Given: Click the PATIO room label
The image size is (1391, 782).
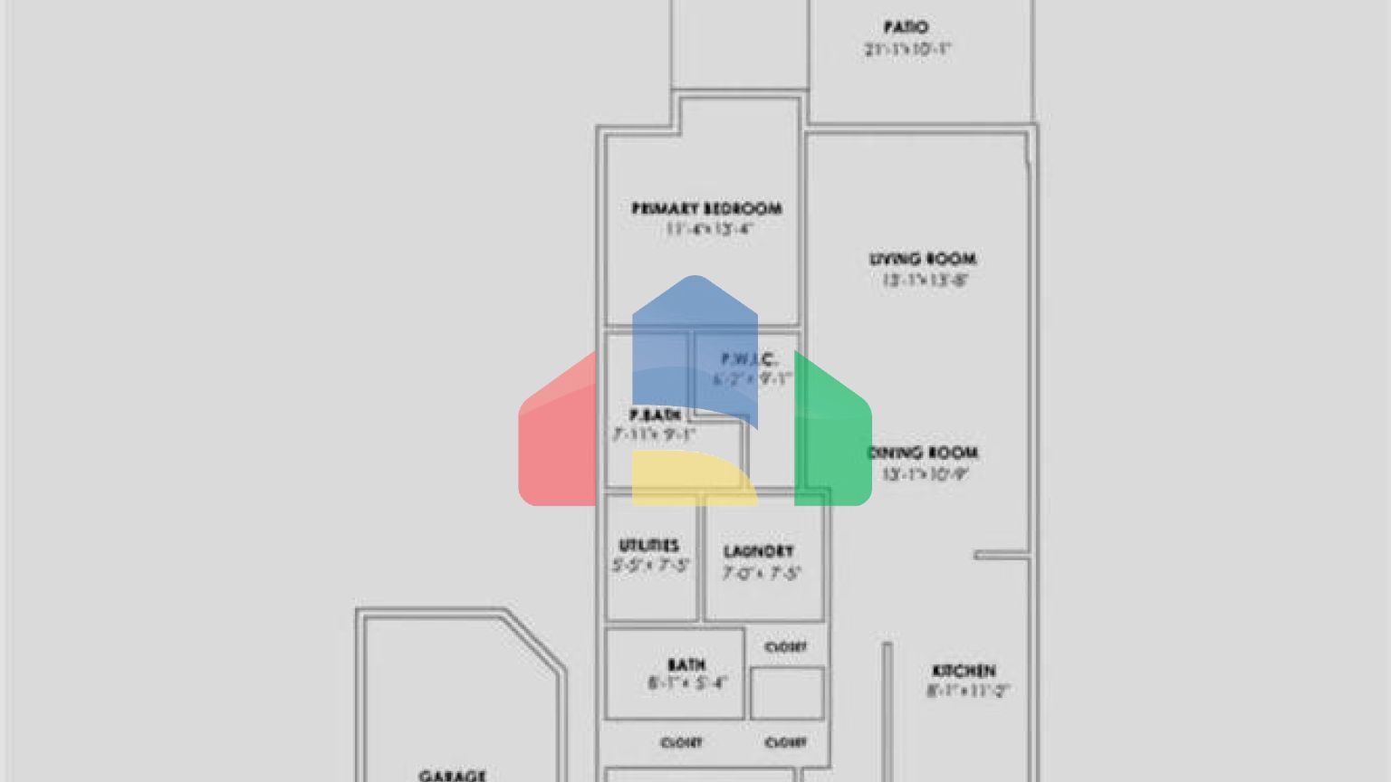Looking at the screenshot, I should tap(905, 28).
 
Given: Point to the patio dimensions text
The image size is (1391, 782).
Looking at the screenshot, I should tap(907, 50).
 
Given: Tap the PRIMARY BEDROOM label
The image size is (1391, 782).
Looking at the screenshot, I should tap(706, 208).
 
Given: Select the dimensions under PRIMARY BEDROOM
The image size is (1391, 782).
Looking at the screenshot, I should tap(709, 229).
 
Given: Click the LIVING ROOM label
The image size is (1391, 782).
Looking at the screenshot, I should tap(923, 260).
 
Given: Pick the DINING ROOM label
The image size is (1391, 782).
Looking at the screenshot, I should tap(924, 453).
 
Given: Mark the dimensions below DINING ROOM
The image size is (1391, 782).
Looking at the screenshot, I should tap(926, 473).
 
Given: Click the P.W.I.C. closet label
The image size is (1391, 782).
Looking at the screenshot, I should tap(749, 359).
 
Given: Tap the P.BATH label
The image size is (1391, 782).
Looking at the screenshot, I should tap(655, 415).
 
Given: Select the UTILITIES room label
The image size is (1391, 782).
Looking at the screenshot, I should tap(648, 545).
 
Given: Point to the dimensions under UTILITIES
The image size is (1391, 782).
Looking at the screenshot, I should tap(650, 566).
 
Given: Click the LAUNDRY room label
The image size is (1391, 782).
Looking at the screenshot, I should tap(758, 551).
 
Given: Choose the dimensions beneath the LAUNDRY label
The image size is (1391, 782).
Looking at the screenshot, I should tap(761, 573).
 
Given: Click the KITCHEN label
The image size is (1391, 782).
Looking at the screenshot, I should tap(964, 671).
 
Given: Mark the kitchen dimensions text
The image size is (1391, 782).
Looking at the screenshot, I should tap(967, 691).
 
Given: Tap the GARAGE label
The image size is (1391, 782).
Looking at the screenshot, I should tap(452, 775).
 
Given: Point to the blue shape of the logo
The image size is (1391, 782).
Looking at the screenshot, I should tap(694, 335).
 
